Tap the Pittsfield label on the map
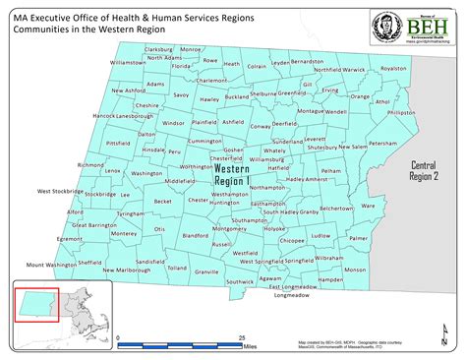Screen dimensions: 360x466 tap(118, 143)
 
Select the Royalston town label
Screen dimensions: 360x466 tap(393, 69)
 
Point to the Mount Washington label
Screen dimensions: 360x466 tap(51, 265)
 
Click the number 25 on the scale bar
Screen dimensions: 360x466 tap(241, 337)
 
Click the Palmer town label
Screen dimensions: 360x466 tap(358, 238)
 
